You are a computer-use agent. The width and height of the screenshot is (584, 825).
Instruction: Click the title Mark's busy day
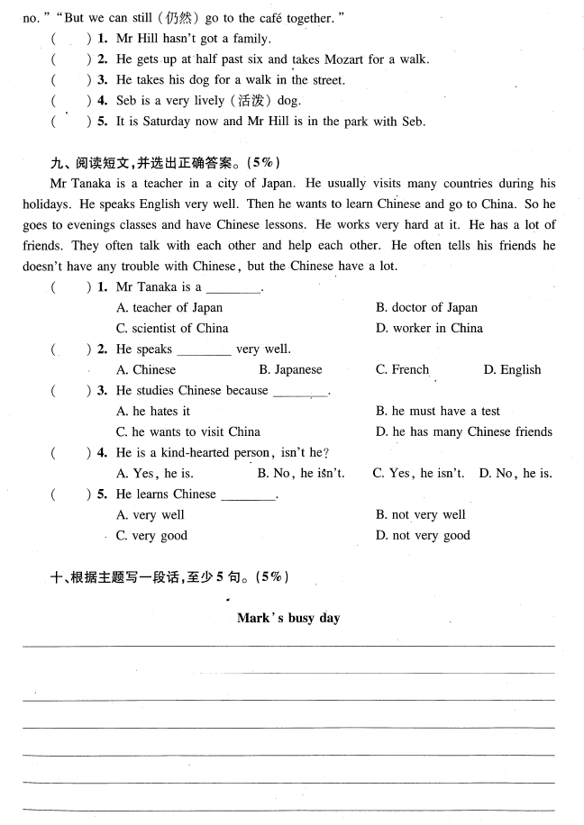point(288,618)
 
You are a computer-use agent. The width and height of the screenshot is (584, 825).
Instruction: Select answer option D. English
point(512,369)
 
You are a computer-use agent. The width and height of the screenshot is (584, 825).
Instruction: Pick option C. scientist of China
point(172,328)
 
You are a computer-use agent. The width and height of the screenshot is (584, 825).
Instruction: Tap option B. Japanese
point(289,369)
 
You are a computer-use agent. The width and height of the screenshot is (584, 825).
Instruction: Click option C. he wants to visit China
point(188,431)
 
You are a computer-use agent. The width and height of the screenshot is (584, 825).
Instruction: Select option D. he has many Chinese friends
point(463,431)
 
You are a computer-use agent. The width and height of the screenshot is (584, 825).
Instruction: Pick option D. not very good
point(423,535)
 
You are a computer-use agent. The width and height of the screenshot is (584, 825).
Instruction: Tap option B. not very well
point(420,514)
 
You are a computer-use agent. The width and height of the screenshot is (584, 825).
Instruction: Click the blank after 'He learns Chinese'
point(247,495)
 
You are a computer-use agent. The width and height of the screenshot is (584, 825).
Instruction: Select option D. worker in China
point(429,328)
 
